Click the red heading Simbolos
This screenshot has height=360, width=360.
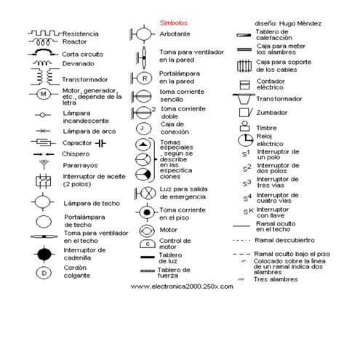pyautogui.click(x=173, y=23)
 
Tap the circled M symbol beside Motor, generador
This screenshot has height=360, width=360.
pyautogui.click(x=43, y=95)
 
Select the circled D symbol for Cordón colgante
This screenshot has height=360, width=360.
pyautogui.click(x=44, y=273)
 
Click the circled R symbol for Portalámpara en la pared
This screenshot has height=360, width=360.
pyautogui.click(x=144, y=78)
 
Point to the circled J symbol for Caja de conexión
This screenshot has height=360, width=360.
pyautogui.click(x=144, y=128)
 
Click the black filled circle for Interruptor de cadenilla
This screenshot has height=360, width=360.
pyautogui.click(x=44, y=252)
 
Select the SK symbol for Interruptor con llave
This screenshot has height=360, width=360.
pyautogui.click(x=248, y=211)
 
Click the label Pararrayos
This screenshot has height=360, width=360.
pyautogui.click(x=79, y=165)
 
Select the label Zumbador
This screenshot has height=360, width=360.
pyautogui.click(x=271, y=113)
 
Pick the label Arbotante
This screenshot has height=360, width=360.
pyautogui.click(x=175, y=34)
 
